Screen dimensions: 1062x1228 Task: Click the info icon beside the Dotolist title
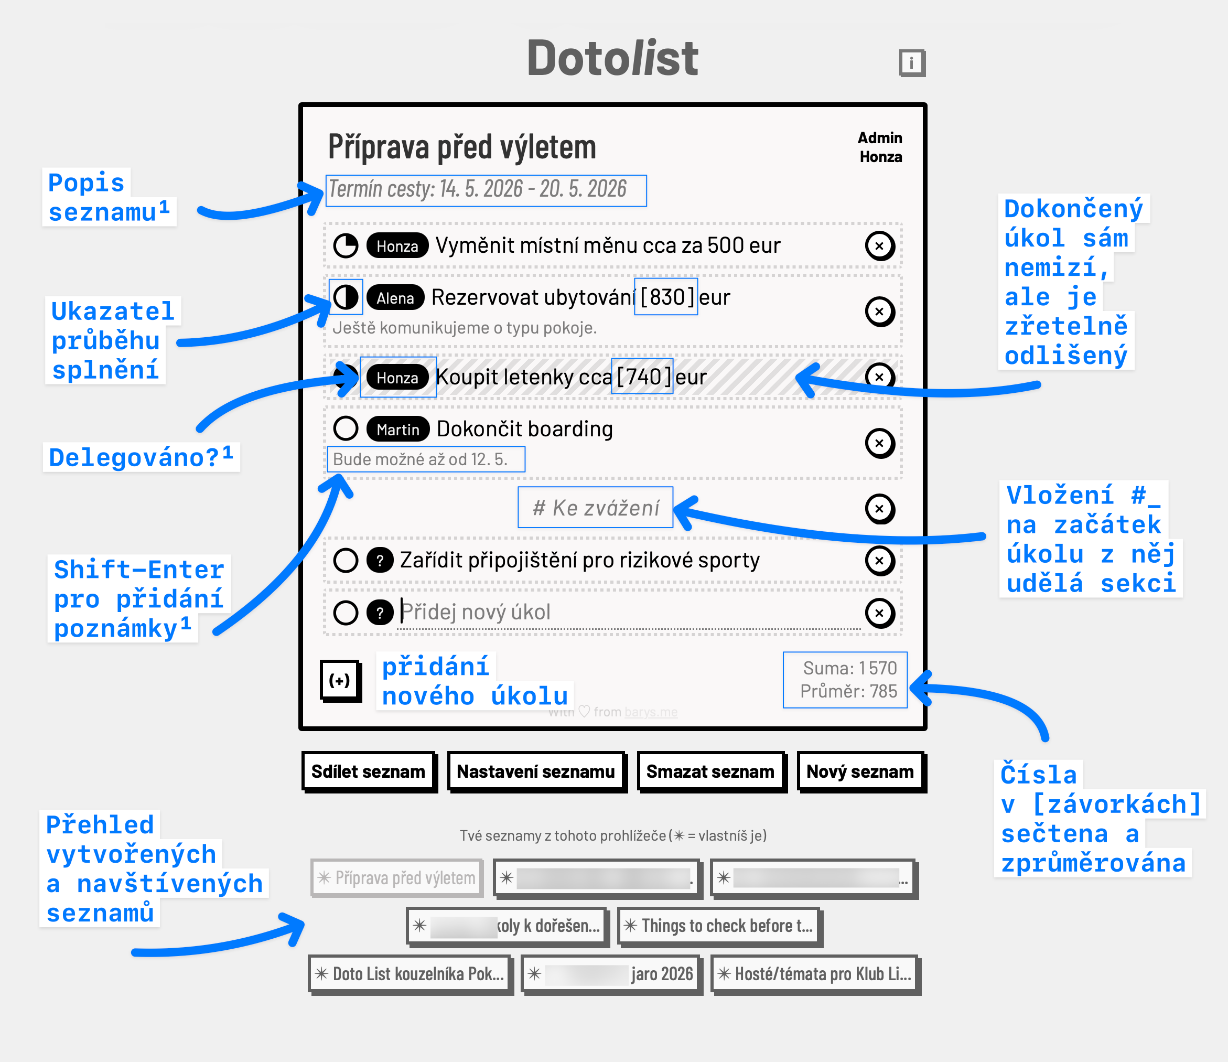[911, 62]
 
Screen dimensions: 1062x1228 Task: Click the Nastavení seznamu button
[535, 771]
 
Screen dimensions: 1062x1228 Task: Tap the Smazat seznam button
[710, 771]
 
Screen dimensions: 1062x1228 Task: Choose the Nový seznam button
[859, 771]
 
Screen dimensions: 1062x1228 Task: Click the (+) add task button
[340, 680]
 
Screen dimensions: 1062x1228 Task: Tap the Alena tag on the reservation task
[395, 297]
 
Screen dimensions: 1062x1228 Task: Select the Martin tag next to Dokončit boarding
[397, 429]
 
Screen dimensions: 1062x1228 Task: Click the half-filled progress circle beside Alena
[346, 297]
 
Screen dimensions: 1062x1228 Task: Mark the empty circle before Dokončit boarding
[346, 428]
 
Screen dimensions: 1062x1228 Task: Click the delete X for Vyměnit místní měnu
[879, 246]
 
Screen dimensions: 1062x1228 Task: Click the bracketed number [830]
[666, 297]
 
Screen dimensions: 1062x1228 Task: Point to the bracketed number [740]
[643, 377]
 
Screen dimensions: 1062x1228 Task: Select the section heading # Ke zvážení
[595, 508]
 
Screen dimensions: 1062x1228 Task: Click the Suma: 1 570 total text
[849, 668]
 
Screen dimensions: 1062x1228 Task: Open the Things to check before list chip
[719, 926]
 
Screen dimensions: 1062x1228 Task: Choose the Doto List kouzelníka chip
[410, 974]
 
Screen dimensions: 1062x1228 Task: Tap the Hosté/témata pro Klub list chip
[814, 974]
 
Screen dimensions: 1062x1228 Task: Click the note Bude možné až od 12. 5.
[420, 459]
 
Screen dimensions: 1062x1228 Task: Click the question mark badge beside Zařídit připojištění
[380, 561]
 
